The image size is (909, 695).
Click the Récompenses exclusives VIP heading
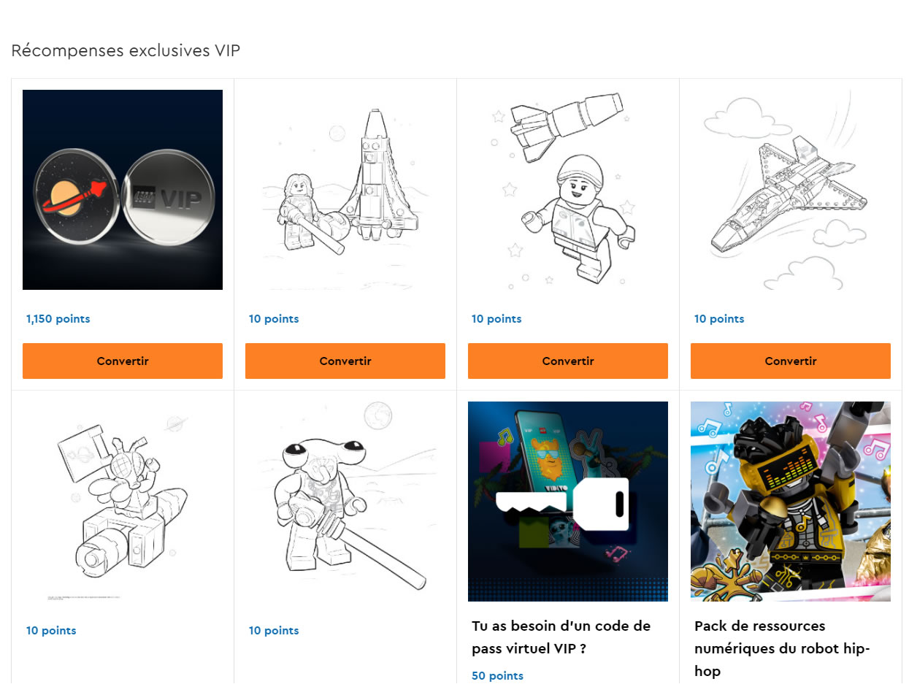(125, 50)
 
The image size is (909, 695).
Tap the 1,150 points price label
(58, 319)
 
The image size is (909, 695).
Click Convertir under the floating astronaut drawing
(568, 361)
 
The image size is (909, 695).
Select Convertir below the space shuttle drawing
(791, 361)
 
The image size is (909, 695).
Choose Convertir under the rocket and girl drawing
(345, 361)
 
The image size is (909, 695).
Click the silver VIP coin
(169, 197)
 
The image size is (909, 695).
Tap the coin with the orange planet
(75, 196)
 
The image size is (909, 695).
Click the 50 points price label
(497, 675)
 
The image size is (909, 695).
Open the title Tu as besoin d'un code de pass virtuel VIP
(561, 637)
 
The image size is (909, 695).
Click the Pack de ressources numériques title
(782, 648)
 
